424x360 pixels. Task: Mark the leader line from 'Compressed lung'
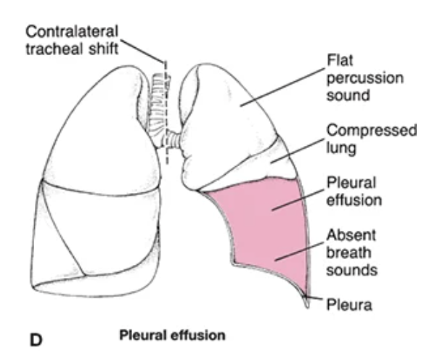(299, 147)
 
